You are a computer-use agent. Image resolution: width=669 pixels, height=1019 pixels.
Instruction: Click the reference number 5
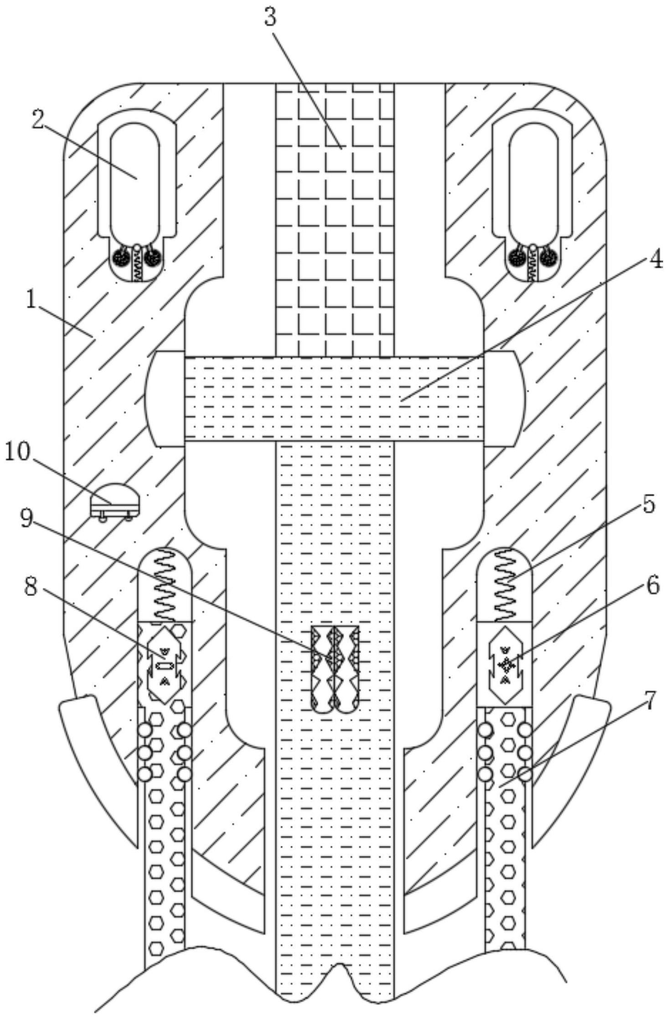(649, 505)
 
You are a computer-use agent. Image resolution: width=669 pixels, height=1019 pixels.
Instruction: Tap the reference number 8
(31, 588)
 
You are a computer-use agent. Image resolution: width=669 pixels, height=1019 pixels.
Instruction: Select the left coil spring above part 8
(164, 584)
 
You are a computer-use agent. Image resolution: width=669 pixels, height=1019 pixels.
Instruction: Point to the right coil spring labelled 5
(504, 584)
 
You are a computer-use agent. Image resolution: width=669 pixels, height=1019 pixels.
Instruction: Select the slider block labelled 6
(505, 664)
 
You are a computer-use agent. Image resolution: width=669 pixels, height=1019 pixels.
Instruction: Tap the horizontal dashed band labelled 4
(334, 399)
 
